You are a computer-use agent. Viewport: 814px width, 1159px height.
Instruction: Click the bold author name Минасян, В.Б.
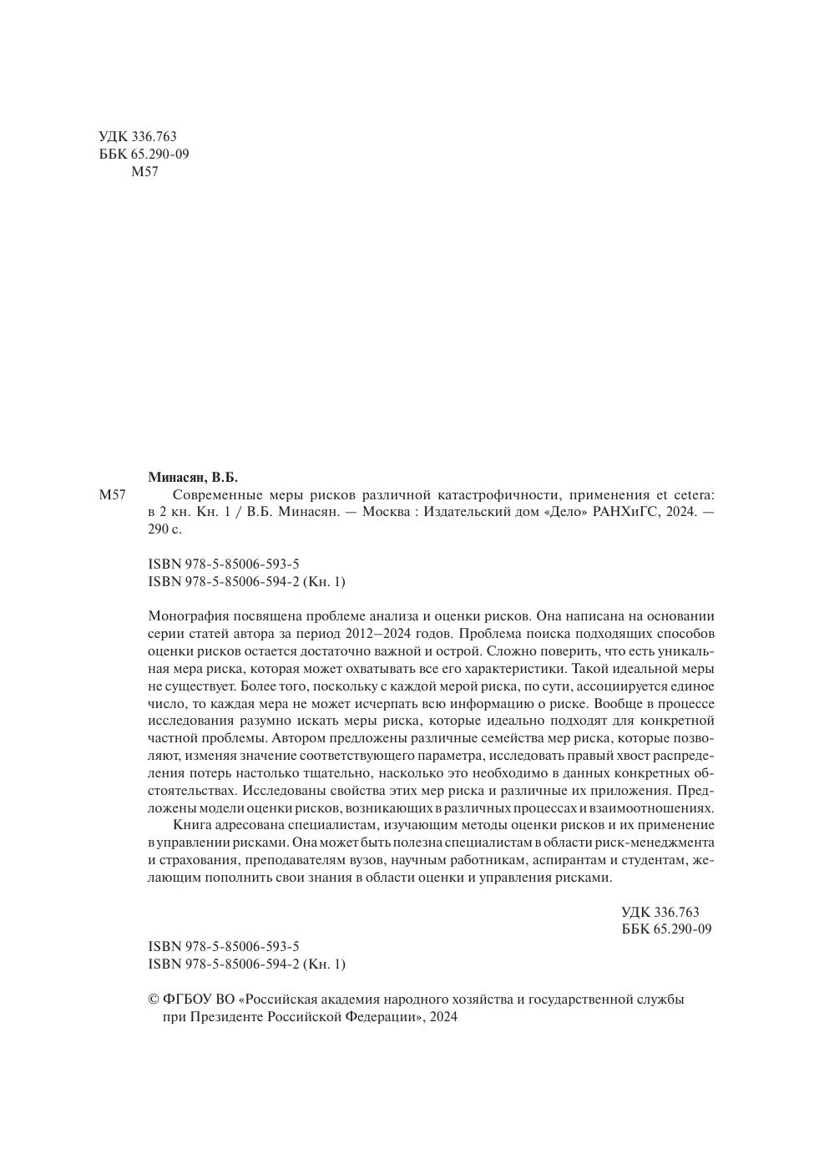pos(193,478)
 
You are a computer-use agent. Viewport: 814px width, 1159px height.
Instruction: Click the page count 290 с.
pos(164,529)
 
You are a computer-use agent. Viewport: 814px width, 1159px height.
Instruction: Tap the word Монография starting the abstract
pos(188,617)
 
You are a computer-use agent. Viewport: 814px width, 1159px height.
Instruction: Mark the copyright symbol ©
pos(153,1000)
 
